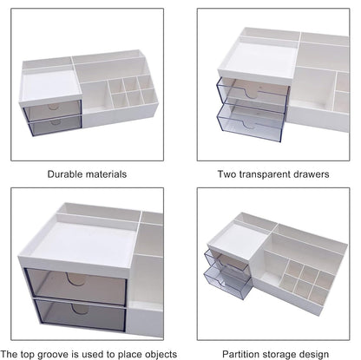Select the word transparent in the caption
tap(270, 173)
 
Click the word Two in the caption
tap(227, 173)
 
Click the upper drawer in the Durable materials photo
tap(53, 109)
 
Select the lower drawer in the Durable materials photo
tap(53, 127)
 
